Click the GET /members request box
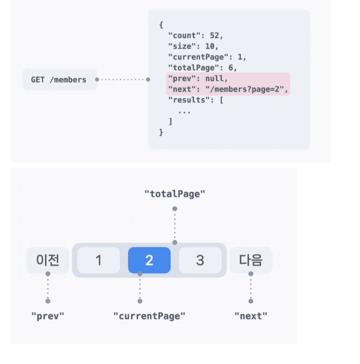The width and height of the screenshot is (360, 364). coord(60,79)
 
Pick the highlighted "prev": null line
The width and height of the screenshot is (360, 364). coord(198,79)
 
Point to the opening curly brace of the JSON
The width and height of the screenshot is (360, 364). coord(161,25)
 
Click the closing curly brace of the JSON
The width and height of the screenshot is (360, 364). coord(161,132)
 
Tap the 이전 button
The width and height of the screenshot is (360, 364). coord(48,260)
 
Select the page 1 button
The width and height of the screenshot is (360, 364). coord(99,260)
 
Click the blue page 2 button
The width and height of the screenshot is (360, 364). coord(149,260)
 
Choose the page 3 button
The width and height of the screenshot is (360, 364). coord(200,260)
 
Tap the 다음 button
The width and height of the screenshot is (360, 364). coord(251,260)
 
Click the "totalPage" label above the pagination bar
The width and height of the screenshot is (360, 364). coord(175,194)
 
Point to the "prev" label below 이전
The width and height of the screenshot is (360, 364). coord(48,316)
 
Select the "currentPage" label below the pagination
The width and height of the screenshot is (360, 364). coord(149,316)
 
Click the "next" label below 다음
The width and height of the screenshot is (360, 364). coord(251,316)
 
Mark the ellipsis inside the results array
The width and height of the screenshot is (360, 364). coord(184,110)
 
